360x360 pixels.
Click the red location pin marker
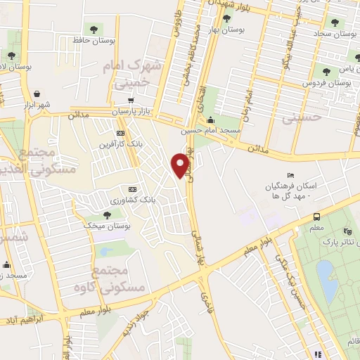181,165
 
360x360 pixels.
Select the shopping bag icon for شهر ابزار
37,91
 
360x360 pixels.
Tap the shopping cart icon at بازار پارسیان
131,100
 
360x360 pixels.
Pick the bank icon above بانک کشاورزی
132,189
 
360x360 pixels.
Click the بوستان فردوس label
327,82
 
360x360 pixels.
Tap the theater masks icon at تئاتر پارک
347,231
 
